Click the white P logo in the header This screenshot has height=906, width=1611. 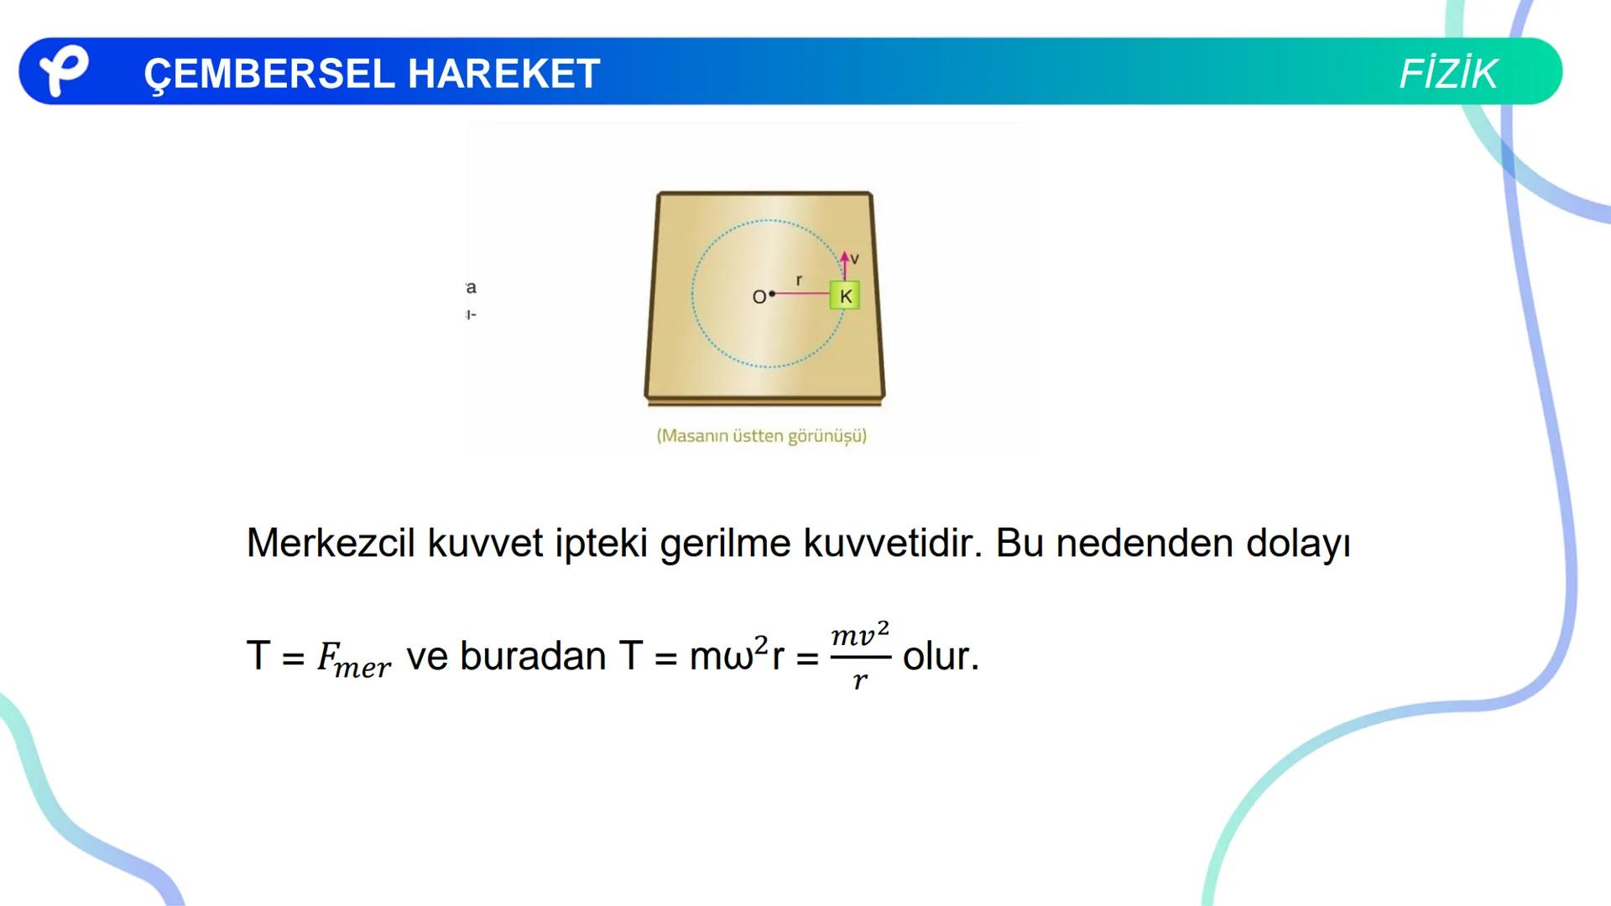point(63,70)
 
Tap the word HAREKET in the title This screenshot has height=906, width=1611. point(503,74)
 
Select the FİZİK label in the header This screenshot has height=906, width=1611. point(1447,74)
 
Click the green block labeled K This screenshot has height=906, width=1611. point(845,296)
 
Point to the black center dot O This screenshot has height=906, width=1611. point(772,294)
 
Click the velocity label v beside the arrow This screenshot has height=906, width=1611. point(855,259)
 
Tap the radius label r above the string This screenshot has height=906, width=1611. point(799,280)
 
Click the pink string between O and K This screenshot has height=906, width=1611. point(801,294)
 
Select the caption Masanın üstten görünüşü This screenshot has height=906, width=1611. point(761,436)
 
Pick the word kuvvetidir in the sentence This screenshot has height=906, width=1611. point(893,543)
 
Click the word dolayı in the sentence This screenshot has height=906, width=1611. point(1298,544)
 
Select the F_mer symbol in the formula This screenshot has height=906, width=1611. point(352,659)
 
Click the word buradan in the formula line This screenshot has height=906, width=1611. point(533,656)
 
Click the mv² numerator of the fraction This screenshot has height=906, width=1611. point(860,635)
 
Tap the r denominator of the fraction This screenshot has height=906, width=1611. point(860,681)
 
